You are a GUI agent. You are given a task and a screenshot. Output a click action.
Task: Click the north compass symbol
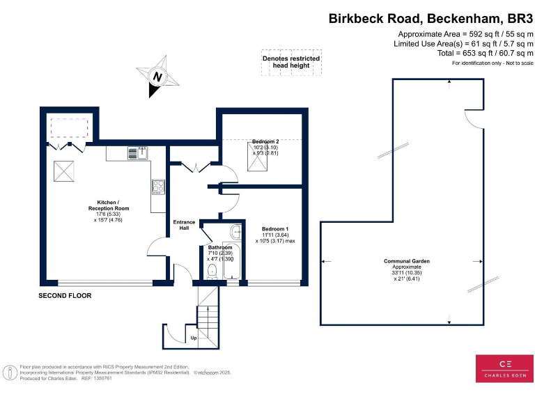click(158, 76)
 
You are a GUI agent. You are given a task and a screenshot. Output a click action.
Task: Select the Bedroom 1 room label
click(275, 229)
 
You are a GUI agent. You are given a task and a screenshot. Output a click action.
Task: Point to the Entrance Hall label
click(184, 225)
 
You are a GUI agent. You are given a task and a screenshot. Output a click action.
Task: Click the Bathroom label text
click(219, 247)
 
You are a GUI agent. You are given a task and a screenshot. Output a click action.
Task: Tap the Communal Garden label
click(406, 261)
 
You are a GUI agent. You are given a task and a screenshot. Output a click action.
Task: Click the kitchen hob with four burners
click(158, 186)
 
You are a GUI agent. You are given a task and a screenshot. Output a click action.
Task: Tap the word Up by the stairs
click(193, 338)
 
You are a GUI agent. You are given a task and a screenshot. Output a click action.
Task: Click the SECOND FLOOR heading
click(65, 296)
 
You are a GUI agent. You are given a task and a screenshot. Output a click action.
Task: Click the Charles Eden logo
click(504, 368)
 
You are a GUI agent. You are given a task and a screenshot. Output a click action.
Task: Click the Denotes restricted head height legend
click(291, 62)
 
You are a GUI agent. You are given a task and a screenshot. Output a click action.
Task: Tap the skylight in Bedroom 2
click(258, 159)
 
